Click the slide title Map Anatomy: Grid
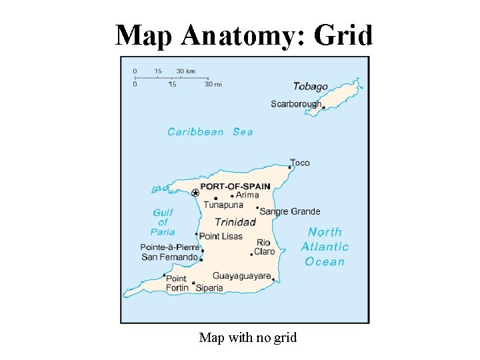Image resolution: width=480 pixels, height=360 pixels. coord(243,35)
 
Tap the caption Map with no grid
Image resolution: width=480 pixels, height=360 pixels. coord(247,338)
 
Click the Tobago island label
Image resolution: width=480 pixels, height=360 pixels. coord(310,87)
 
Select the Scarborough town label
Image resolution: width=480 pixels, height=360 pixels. coord(295,104)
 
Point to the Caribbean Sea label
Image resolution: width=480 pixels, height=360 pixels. coord(210,132)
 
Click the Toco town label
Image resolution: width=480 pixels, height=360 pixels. coord(300,163)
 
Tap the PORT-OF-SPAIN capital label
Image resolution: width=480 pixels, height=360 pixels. coord(235,187)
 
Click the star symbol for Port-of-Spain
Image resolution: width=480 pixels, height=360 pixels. coord(195,193)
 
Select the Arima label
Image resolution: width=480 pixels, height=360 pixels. coord(247,195)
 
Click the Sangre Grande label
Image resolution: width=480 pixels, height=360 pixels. coord(290,211)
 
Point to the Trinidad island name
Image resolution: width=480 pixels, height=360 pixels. coord(235,222)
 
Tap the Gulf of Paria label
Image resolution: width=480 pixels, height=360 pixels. coord(163,222)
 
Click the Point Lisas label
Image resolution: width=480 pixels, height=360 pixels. coord(221,236)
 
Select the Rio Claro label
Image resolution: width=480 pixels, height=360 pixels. coord(264,247)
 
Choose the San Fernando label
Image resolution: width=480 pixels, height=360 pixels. coord(169,257)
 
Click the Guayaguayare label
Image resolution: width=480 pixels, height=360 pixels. coord(241,276)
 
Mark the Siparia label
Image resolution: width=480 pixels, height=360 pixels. coord(209,288)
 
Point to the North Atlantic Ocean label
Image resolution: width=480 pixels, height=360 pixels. coord(325,247)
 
